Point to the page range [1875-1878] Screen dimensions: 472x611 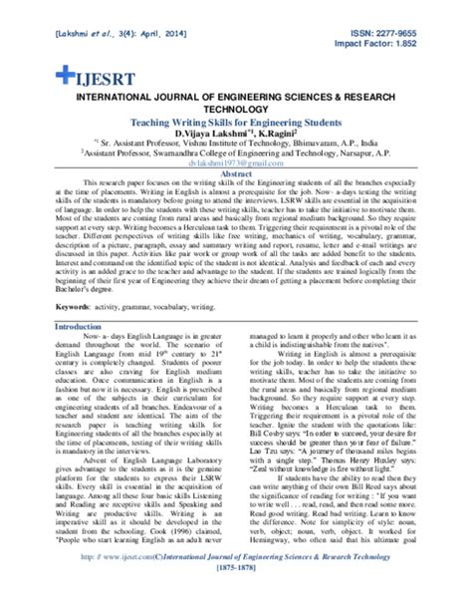click(x=236, y=591)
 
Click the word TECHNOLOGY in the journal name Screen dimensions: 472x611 click(x=236, y=109)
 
